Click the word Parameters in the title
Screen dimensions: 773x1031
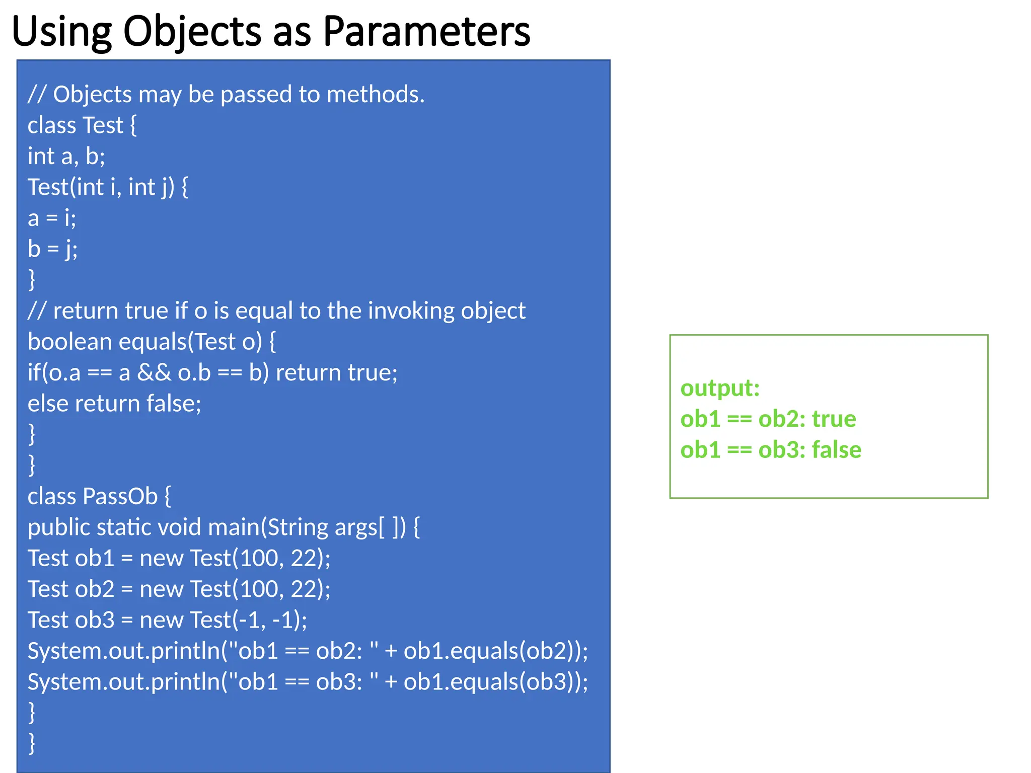pyautogui.click(x=426, y=31)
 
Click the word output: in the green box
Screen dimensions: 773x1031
pyautogui.click(x=720, y=388)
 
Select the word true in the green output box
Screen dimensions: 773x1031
pyautogui.click(x=834, y=419)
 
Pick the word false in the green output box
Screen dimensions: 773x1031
pyautogui.click(x=836, y=449)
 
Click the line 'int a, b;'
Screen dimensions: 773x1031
pyautogui.click(x=66, y=156)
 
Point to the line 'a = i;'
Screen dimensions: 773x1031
pyautogui.click(x=52, y=218)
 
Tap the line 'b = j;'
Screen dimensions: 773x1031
pyautogui.click(x=52, y=249)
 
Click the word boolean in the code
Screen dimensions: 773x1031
pyautogui.click(x=69, y=342)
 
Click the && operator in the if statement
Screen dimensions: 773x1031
pyautogui.click(x=154, y=373)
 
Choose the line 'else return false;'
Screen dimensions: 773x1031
pyautogui.click(x=114, y=404)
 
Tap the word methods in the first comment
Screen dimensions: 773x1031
pyautogui.click(x=376, y=95)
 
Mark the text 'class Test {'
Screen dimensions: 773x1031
pyautogui.click(x=82, y=125)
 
